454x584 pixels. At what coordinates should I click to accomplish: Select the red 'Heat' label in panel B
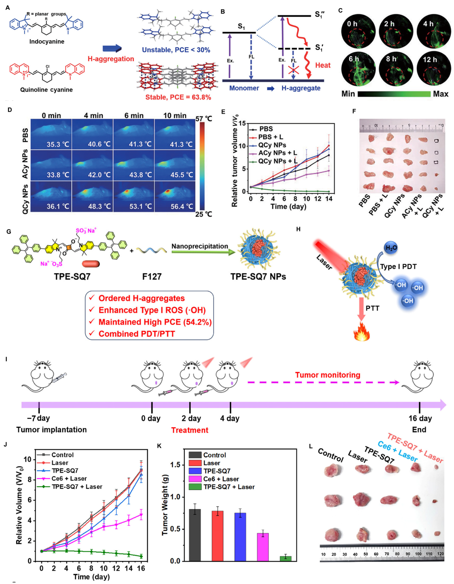point(323,65)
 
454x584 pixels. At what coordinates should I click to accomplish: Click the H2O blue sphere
point(391,248)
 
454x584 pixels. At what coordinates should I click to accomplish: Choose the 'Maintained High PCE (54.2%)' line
point(155,322)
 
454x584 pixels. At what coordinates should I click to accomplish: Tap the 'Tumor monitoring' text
point(328,375)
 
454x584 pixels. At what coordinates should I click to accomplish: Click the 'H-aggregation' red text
point(111,59)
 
